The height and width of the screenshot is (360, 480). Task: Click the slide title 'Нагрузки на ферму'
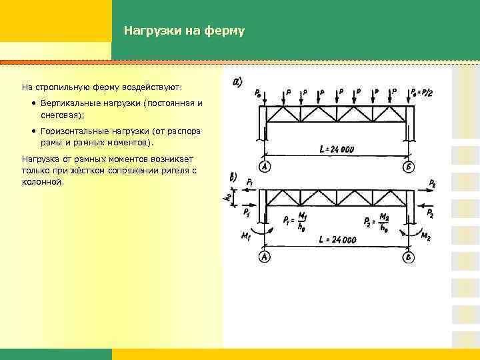184,31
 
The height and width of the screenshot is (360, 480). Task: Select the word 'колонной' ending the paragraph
42,181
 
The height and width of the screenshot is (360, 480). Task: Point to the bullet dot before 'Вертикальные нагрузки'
33,105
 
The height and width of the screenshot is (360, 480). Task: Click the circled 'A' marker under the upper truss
265,167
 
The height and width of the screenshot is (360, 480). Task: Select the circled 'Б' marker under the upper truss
407,167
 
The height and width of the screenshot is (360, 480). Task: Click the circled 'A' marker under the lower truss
265,257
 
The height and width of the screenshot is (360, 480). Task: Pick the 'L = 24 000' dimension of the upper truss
336,149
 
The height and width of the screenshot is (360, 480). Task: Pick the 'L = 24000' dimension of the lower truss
336,239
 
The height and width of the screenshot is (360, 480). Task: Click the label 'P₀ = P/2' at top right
422,91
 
